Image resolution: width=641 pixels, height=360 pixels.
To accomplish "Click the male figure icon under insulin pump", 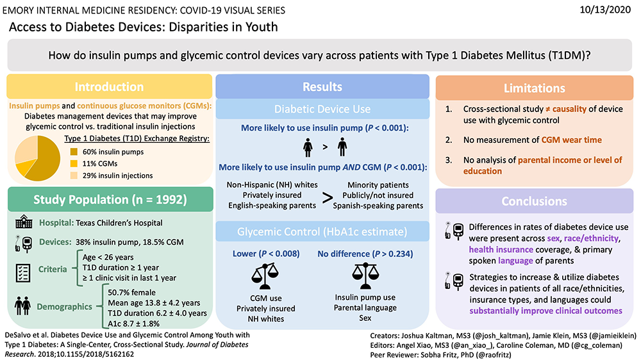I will point(342,147).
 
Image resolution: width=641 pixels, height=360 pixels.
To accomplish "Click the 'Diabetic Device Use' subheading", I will point(322,110).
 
